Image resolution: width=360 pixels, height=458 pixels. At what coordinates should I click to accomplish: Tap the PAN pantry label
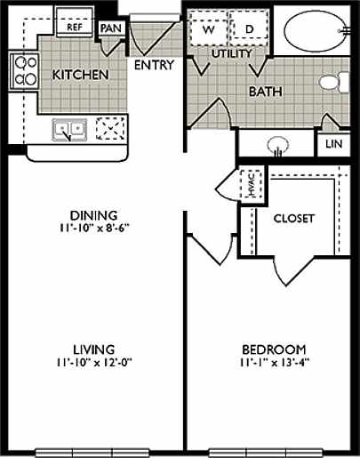pos(111,28)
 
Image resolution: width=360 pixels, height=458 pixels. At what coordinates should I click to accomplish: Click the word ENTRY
pos(154,66)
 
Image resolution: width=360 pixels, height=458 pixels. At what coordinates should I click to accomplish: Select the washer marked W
pos(209,29)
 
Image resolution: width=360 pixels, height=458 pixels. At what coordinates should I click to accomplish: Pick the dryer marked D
pos(249,29)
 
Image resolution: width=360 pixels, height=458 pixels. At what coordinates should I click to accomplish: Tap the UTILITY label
pos(233,54)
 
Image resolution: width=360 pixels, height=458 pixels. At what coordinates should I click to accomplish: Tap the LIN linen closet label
pos(334,144)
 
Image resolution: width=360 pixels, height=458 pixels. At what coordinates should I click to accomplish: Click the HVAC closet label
pos(252,186)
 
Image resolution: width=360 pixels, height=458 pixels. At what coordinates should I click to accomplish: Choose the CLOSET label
pos(294,219)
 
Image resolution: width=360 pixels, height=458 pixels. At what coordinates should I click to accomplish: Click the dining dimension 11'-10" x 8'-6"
pos(93,227)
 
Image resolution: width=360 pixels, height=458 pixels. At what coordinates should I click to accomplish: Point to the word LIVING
pos(93,349)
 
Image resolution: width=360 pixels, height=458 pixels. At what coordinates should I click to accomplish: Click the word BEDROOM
pos(275,349)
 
